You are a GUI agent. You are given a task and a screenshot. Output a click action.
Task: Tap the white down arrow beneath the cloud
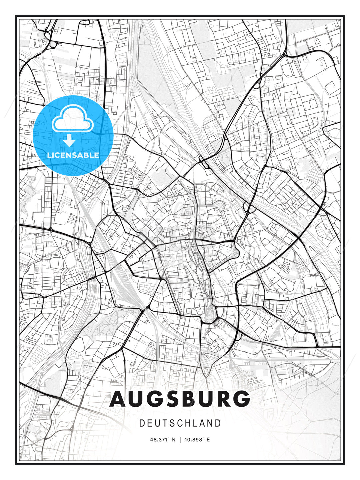(69, 140)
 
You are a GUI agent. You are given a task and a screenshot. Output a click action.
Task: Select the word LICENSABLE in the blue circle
(73, 155)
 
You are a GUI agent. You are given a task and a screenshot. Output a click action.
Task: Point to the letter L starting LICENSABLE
(49, 155)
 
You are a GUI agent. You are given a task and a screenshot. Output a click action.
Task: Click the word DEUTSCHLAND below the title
(180, 423)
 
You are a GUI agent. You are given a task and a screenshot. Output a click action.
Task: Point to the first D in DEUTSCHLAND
(142, 423)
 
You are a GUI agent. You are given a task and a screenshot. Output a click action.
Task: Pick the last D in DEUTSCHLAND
(218, 423)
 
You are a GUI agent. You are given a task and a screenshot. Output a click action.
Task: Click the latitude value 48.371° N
(163, 440)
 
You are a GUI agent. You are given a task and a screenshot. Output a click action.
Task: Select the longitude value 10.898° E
(197, 440)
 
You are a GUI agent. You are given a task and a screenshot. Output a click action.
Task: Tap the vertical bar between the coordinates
(180, 440)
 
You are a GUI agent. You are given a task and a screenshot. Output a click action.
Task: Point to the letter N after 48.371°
(173, 440)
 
